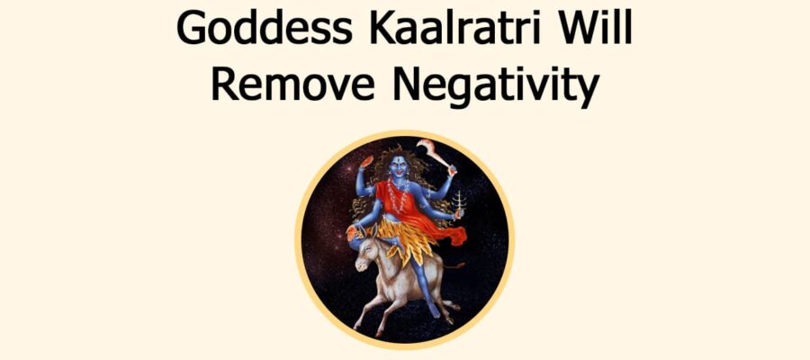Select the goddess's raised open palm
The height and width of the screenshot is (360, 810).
pyautogui.click(x=366, y=163)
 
